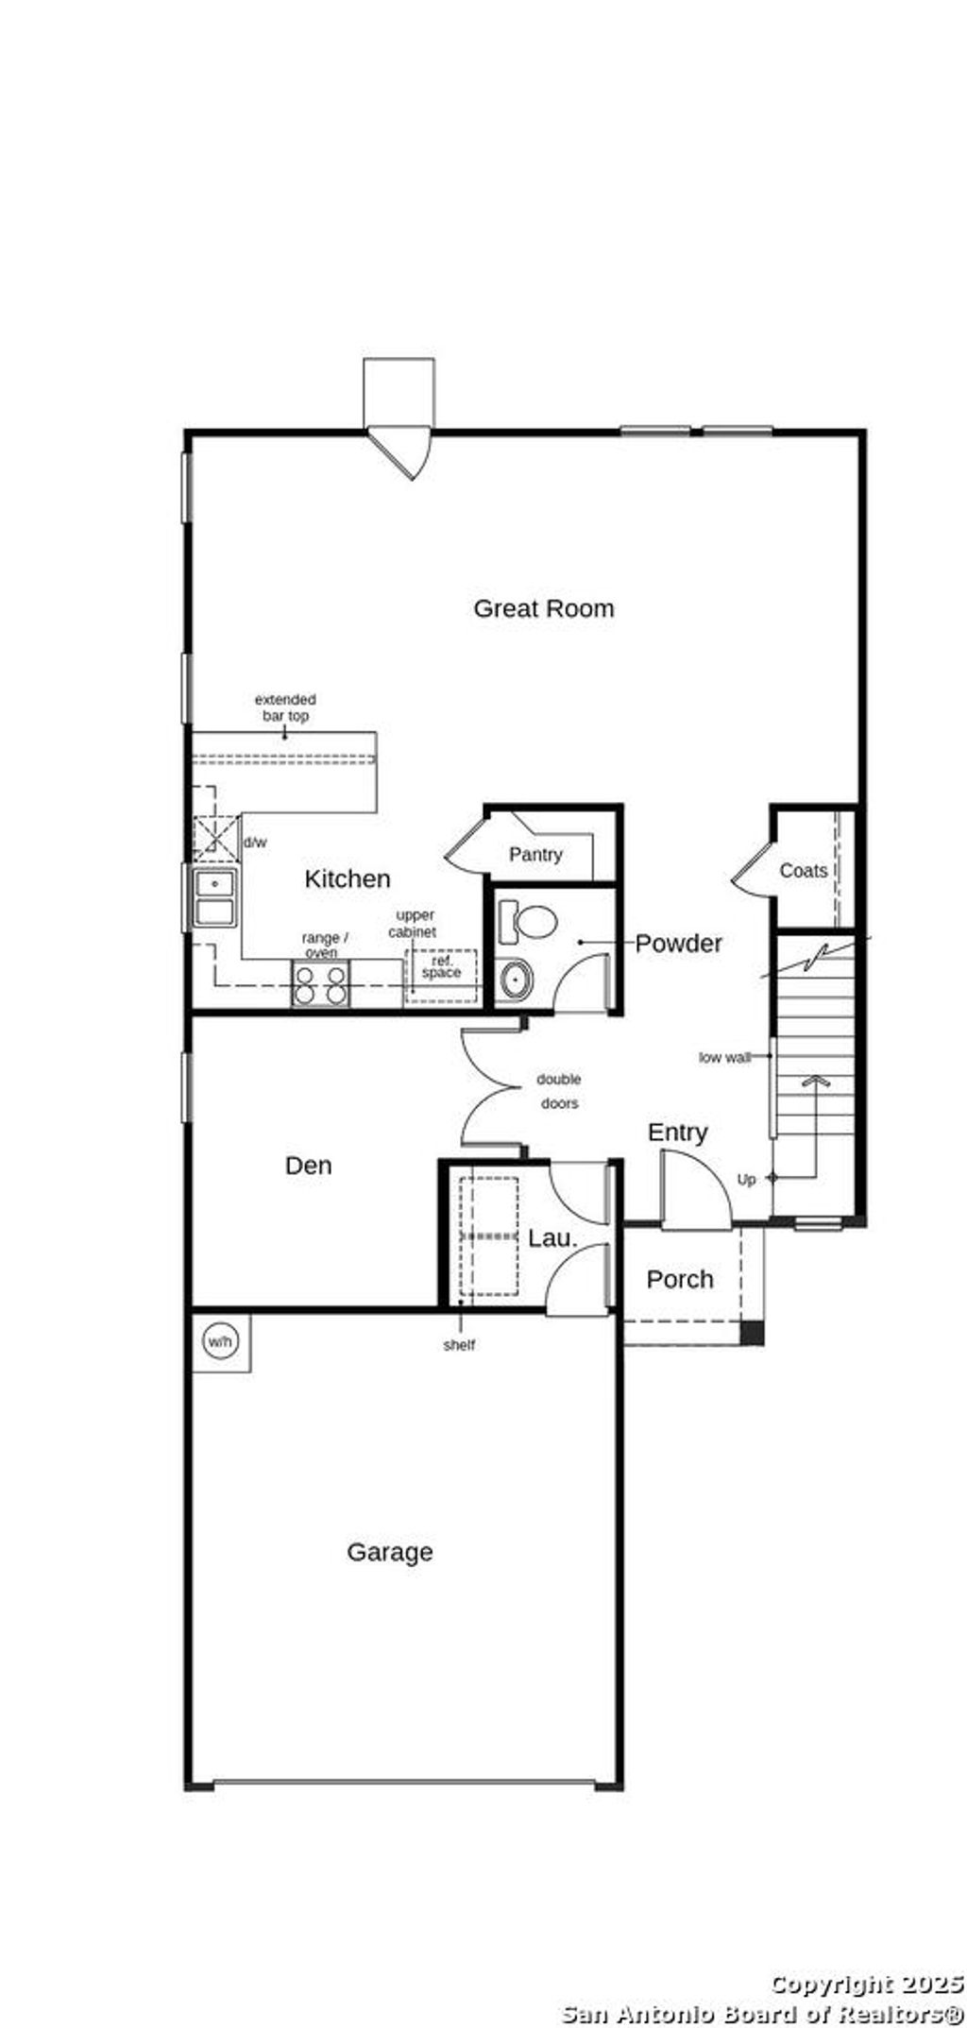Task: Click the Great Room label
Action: click(543, 608)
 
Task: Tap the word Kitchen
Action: click(348, 879)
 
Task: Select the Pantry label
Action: click(535, 855)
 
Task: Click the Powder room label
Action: click(678, 944)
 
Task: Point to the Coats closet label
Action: click(804, 871)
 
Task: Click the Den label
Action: click(309, 1167)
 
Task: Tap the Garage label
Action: click(390, 1553)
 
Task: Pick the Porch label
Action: click(680, 1280)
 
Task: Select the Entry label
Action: click(678, 1133)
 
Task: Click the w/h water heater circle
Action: click(220, 1341)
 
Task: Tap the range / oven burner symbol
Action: click(321, 984)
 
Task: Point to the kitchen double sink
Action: click(215, 898)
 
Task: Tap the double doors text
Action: click(559, 1092)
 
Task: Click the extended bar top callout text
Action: click(285, 708)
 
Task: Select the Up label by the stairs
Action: click(746, 1181)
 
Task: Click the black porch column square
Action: click(752, 1333)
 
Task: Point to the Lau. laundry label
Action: click(552, 1238)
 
